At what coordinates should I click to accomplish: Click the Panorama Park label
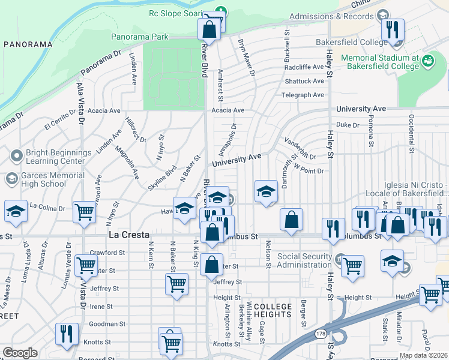click(x=140, y=37)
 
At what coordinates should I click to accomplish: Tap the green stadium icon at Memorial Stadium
click(x=427, y=61)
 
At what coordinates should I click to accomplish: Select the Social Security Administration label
click(x=304, y=260)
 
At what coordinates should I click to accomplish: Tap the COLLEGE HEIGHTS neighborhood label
click(x=273, y=311)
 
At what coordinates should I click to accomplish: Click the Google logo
click(x=20, y=353)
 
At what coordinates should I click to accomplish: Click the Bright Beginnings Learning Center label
click(x=58, y=157)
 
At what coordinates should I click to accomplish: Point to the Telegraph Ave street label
click(x=303, y=95)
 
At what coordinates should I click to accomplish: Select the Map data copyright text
click(x=423, y=355)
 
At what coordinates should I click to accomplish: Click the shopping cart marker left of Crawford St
click(x=86, y=263)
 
